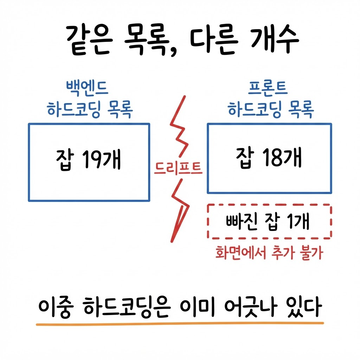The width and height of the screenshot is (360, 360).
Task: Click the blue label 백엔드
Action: coord(87,88)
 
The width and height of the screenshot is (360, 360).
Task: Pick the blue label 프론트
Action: coord(268,88)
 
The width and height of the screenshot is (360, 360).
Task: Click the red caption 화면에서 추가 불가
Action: coord(269,252)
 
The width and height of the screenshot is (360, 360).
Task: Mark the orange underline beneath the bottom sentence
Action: coord(180,324)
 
